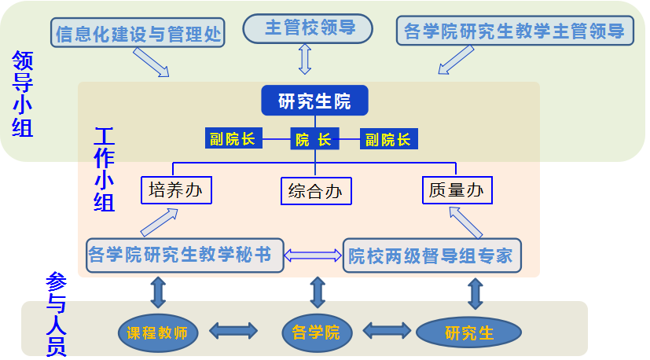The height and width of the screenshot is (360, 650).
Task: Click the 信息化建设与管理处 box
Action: click(139, 34)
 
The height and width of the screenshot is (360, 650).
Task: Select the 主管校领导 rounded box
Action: click(306, 28)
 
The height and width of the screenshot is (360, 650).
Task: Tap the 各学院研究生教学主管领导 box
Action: click(515, 32)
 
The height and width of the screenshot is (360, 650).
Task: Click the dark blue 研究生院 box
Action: click(314, 101)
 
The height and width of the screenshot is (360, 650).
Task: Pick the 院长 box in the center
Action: click(314, 140)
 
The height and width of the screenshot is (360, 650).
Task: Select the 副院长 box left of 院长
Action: click(233, 140)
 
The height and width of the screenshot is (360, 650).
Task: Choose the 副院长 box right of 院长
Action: click(388, 140)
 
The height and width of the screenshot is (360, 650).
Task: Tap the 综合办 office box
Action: click(315, 191)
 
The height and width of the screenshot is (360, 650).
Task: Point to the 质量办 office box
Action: click(457, 190)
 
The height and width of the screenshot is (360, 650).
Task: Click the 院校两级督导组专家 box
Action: click(431, 255)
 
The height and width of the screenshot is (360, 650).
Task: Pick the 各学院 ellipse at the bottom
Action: click(315, 332)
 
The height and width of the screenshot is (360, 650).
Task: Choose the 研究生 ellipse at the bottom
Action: click(468, 332)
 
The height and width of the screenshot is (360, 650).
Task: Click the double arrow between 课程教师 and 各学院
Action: click(233, 331)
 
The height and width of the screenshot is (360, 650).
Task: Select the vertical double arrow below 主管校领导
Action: click(305, 58)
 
